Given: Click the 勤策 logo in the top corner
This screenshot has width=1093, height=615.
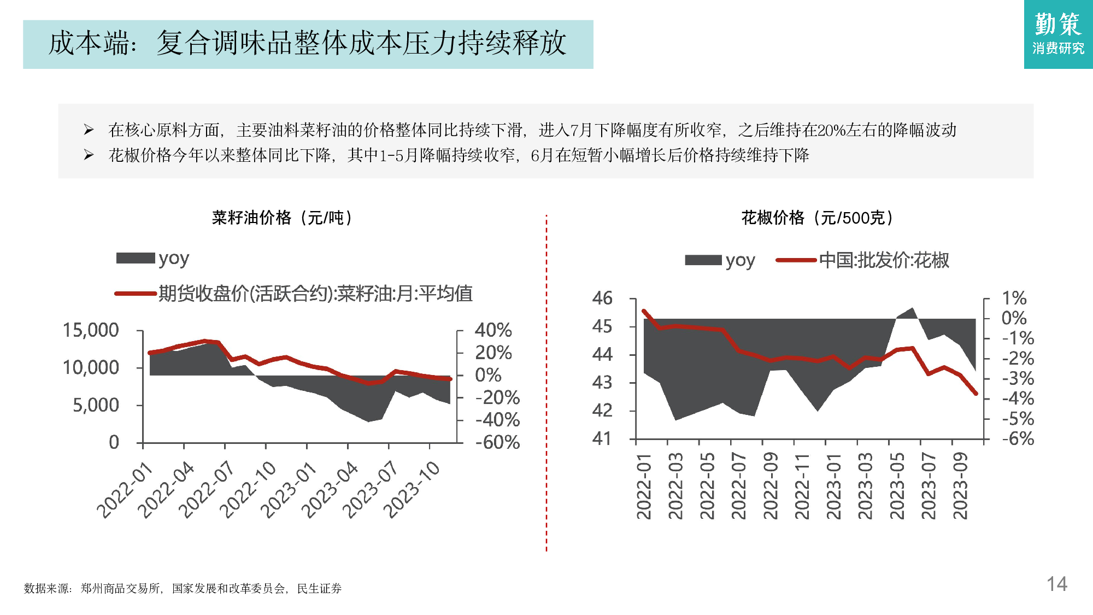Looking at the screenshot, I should coord(1058,34).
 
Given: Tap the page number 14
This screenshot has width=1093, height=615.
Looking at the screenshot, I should coord(1056,584).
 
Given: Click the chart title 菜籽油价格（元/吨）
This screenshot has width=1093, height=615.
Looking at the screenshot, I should coord(282,218).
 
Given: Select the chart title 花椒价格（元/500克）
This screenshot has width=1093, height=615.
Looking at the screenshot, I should coord(817,218).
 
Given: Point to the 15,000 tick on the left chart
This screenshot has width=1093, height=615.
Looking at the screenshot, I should coord(91,330).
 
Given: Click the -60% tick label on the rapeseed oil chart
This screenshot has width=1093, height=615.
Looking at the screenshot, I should coord(497,442).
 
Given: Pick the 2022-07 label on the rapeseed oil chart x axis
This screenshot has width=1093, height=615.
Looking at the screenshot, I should coord(207,489).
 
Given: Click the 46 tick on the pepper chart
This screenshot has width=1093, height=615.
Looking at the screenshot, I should coord(602,298).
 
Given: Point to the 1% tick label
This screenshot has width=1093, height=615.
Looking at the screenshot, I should coord(1014,298).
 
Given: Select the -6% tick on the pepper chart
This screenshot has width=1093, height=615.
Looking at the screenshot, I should coord(1018,438).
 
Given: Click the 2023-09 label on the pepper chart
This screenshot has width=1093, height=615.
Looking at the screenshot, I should coord(960,485).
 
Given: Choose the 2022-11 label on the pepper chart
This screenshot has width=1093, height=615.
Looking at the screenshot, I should coord(802,485).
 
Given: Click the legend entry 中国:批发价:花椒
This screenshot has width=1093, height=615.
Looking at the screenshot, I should coord(884,260).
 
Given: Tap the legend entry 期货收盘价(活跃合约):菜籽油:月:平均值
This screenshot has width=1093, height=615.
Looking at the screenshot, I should coord(315,294).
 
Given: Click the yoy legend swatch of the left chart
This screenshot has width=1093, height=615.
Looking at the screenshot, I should coord(136,258).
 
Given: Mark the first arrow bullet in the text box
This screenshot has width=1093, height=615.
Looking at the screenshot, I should coord(89,130).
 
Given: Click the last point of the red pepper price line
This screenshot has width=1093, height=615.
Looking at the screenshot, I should coord(976,393).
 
